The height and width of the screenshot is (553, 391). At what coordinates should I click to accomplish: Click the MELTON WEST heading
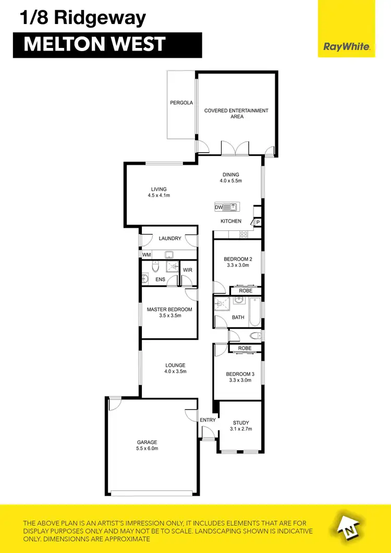tap(94, 44)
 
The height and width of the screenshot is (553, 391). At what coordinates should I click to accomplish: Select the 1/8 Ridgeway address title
tap(83, 18)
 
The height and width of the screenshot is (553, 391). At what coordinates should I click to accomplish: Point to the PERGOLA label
tap(181, 103)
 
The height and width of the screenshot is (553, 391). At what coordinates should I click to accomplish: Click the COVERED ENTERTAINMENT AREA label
tap(236, 114)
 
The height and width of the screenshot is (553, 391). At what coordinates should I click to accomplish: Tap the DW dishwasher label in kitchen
tap(218, 207)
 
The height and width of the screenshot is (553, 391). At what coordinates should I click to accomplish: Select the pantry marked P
tap(258, 223)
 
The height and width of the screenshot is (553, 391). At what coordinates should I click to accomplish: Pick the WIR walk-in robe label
tap(188, 269)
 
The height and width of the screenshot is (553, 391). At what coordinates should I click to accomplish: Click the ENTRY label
tap(207, 420)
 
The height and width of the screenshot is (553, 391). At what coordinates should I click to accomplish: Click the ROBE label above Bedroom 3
tap(245, 348)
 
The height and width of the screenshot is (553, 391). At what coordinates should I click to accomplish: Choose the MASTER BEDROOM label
tap(169, 309)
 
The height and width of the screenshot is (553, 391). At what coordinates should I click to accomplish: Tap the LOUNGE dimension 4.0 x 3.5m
tap(175, 372)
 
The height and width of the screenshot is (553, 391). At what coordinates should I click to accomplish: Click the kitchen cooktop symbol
tap(243, 235)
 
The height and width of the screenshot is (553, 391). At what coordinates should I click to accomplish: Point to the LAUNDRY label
tap(170, 238)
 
